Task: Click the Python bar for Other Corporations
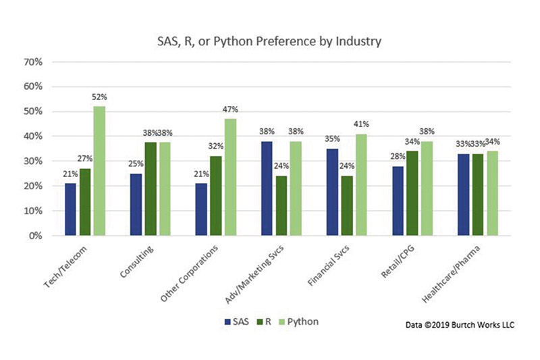pyautogui.click(x=231, y=178)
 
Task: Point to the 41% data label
pyautogui.click(x=362, y=125)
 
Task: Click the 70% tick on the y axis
pyautogui.click(x=33, y=62)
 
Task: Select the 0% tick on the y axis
pyautogui.click(x=36, y=236)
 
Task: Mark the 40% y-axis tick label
pyautogui.click(x=33, y=136)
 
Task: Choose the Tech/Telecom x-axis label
pyautogui.click(x=71, y=265)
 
